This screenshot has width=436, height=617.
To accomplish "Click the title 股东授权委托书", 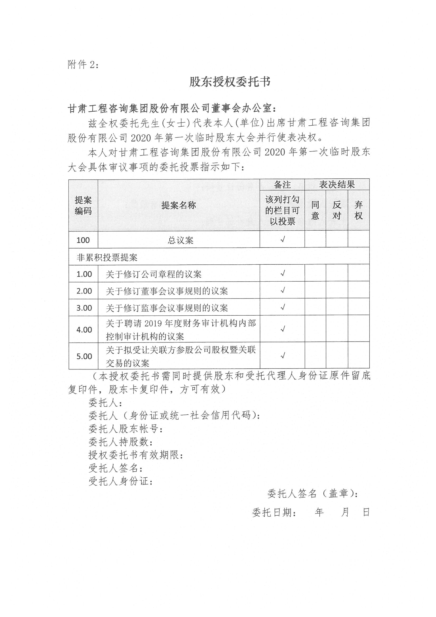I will (230, 82).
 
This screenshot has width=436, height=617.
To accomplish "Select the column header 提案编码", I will (83, 205).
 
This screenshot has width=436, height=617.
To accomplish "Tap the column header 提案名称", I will (179, 205).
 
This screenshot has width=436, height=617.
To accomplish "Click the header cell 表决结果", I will (337, 185).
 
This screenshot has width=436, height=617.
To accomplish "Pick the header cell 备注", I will (282, 185).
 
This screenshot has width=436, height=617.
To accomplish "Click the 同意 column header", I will (315, 210).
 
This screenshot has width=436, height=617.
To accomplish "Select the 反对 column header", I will (337, 210).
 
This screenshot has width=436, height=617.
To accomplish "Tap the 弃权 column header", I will (359, 210).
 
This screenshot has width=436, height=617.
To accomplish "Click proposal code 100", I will (83, 240).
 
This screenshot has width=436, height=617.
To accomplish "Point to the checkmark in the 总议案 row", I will (282, 239).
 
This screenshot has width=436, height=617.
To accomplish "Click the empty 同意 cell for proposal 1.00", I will (315, 274).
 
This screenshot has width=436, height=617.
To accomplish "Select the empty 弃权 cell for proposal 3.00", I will (359, 307).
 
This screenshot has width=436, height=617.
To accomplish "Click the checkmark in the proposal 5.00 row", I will (282, 356).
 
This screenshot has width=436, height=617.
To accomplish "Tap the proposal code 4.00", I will (84, 330).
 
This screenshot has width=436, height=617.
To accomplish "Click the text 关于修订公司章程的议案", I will (154, 274).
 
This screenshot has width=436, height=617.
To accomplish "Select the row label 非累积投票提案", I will (107, 258).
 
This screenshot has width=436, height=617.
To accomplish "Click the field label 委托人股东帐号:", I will (126, 429).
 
